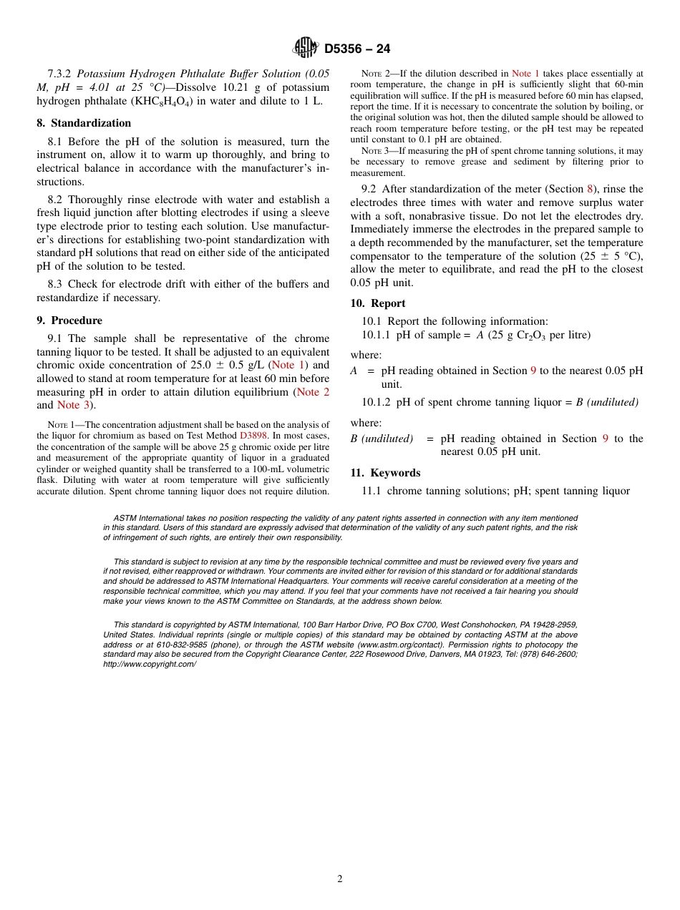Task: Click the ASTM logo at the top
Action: point(306,48)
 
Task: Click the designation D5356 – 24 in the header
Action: point(357,49)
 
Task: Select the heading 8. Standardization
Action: point(84,123)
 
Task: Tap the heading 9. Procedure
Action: point(69,321)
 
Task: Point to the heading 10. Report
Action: point(378,303)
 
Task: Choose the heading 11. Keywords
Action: point(386,473)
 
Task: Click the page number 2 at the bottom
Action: point(340,879)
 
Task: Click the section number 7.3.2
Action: point(60,74)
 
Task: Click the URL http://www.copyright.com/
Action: point(150,664)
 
